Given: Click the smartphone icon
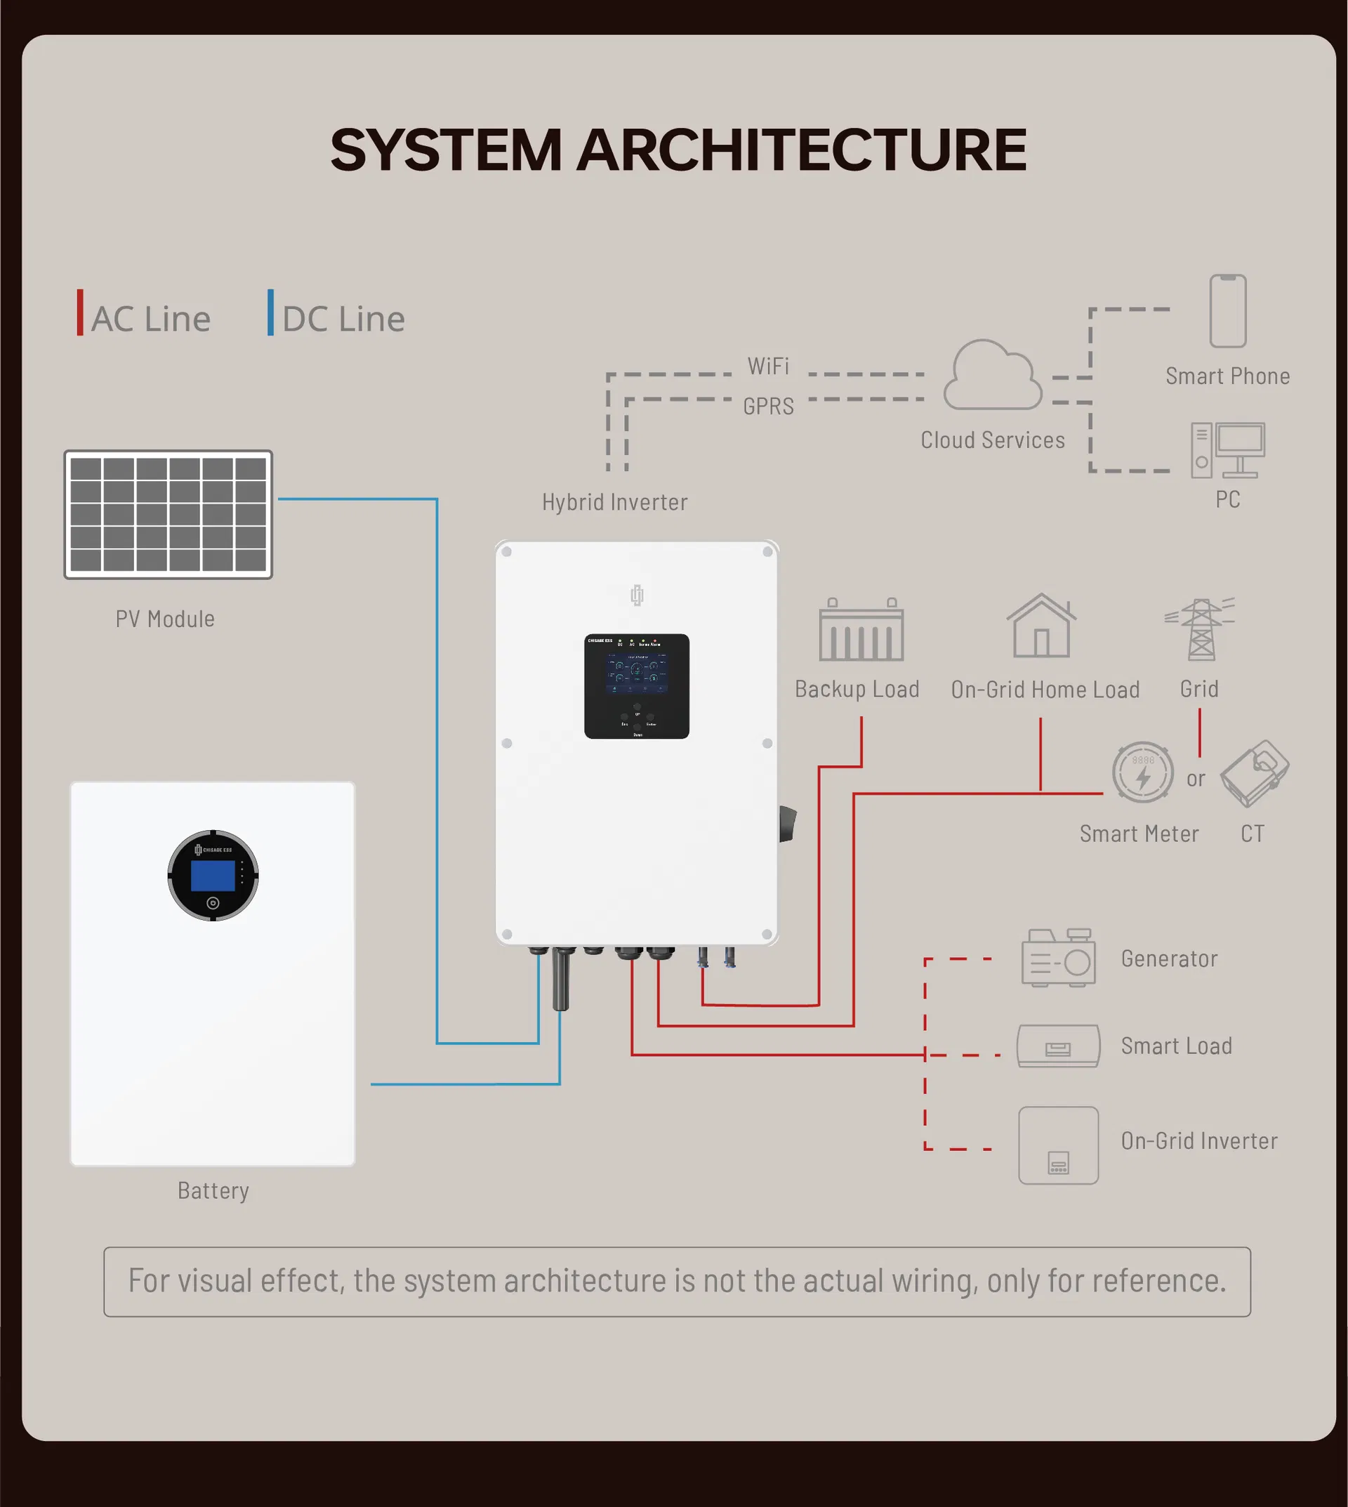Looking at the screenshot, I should [1227, 311].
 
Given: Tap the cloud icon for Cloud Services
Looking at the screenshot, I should [993, 376].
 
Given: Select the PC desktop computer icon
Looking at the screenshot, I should [1227, 449].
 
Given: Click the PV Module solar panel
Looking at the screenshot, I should [168, 514].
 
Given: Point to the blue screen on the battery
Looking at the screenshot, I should [213, 875].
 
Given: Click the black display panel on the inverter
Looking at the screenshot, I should [636, 686].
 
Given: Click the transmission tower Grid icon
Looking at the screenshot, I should [1200, 629].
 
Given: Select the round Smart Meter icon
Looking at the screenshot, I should [1142, 772].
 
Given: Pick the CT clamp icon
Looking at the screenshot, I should [1254, 772].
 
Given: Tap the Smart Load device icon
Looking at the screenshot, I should [1057, 1046].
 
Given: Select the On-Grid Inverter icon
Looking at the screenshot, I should [1057, 1145].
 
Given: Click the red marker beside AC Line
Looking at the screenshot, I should [80, 312].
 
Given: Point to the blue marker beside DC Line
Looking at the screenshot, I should [270, 312].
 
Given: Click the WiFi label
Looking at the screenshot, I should [768, 366].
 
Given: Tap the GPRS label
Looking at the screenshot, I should [768, 406].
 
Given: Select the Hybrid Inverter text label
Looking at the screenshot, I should [614, 502].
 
